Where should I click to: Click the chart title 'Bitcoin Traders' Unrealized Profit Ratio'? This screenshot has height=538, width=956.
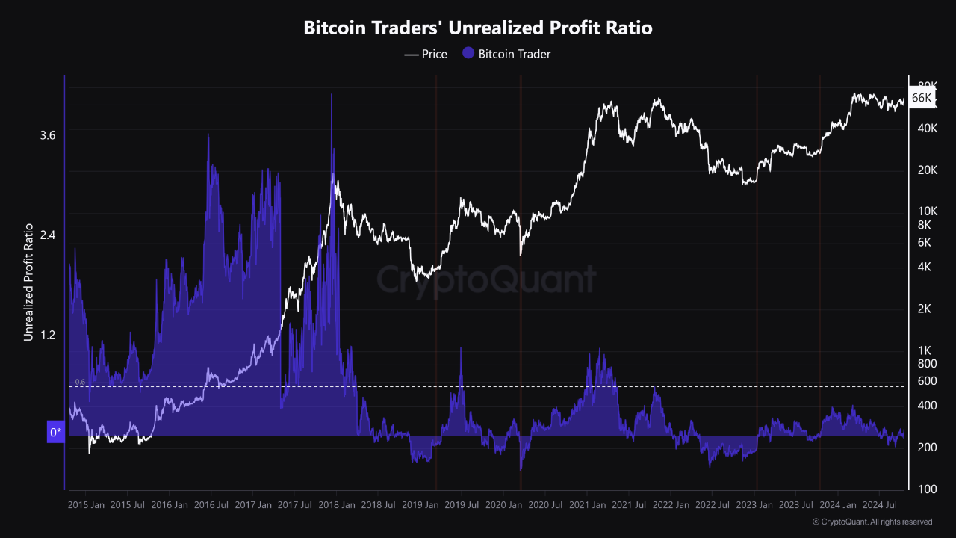478,28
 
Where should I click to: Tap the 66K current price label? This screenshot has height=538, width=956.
922,98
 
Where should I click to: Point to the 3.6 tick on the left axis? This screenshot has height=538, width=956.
48,135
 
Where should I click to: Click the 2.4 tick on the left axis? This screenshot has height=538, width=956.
48,235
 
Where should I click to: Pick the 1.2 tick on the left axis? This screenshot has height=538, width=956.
48,334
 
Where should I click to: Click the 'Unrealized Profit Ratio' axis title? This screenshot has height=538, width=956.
28,282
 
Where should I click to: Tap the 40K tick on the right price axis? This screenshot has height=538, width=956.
928,129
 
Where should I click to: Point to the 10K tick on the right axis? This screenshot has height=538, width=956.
928,211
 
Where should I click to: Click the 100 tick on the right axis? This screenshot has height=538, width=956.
926,489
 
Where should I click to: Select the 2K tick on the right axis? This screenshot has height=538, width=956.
925,309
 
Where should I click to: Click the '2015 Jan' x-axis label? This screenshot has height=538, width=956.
86,505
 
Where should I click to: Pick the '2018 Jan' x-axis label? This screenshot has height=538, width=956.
336,505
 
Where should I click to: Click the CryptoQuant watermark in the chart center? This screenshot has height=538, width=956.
485,280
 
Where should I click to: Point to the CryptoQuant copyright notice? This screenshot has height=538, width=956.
872,522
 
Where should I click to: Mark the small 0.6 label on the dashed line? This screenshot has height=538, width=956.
80,382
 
